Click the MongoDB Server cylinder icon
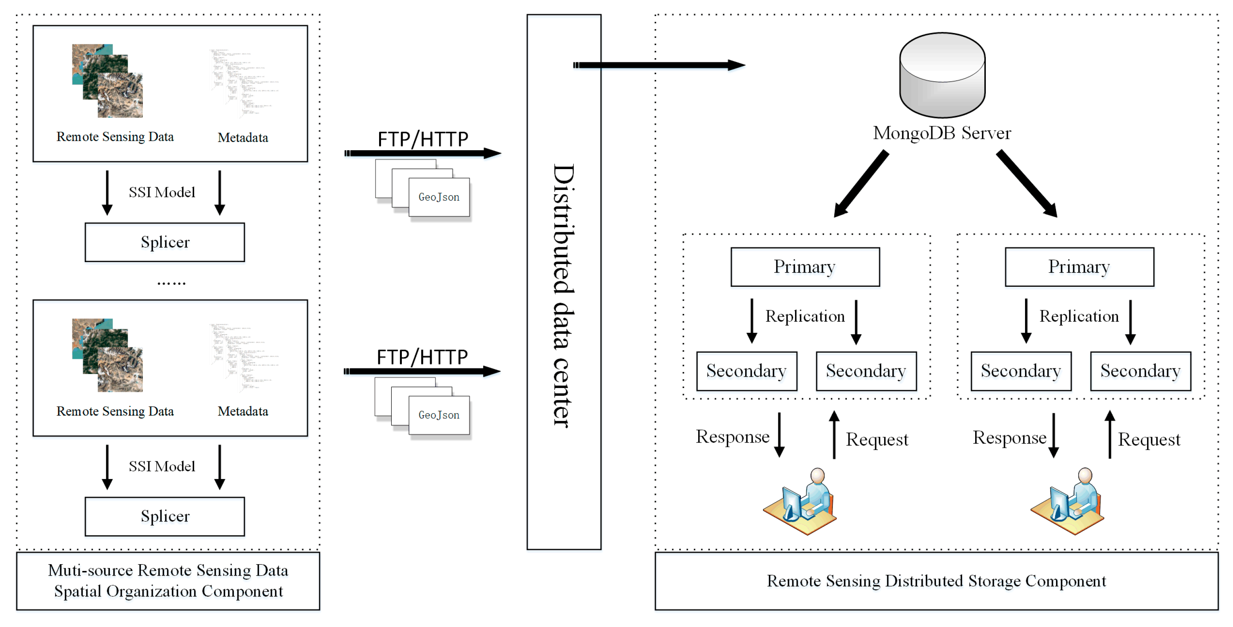[941, 75]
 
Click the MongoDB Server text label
[941, 133]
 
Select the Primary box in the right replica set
[1079, 266]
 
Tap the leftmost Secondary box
[746, 371]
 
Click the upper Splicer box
[165, 242]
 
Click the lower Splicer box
[165, 516]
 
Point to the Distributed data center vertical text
[564, 295]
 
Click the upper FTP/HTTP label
[423, 139]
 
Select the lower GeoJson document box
[439, 415]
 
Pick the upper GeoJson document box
[439, 197]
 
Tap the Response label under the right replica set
[1009, 437]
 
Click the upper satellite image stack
[107, 81]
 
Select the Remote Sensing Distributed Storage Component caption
[936, 581]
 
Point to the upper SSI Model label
[162, 192]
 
